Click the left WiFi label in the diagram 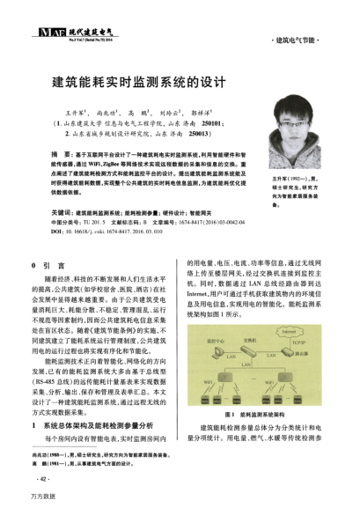click(x=208, y=382)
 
